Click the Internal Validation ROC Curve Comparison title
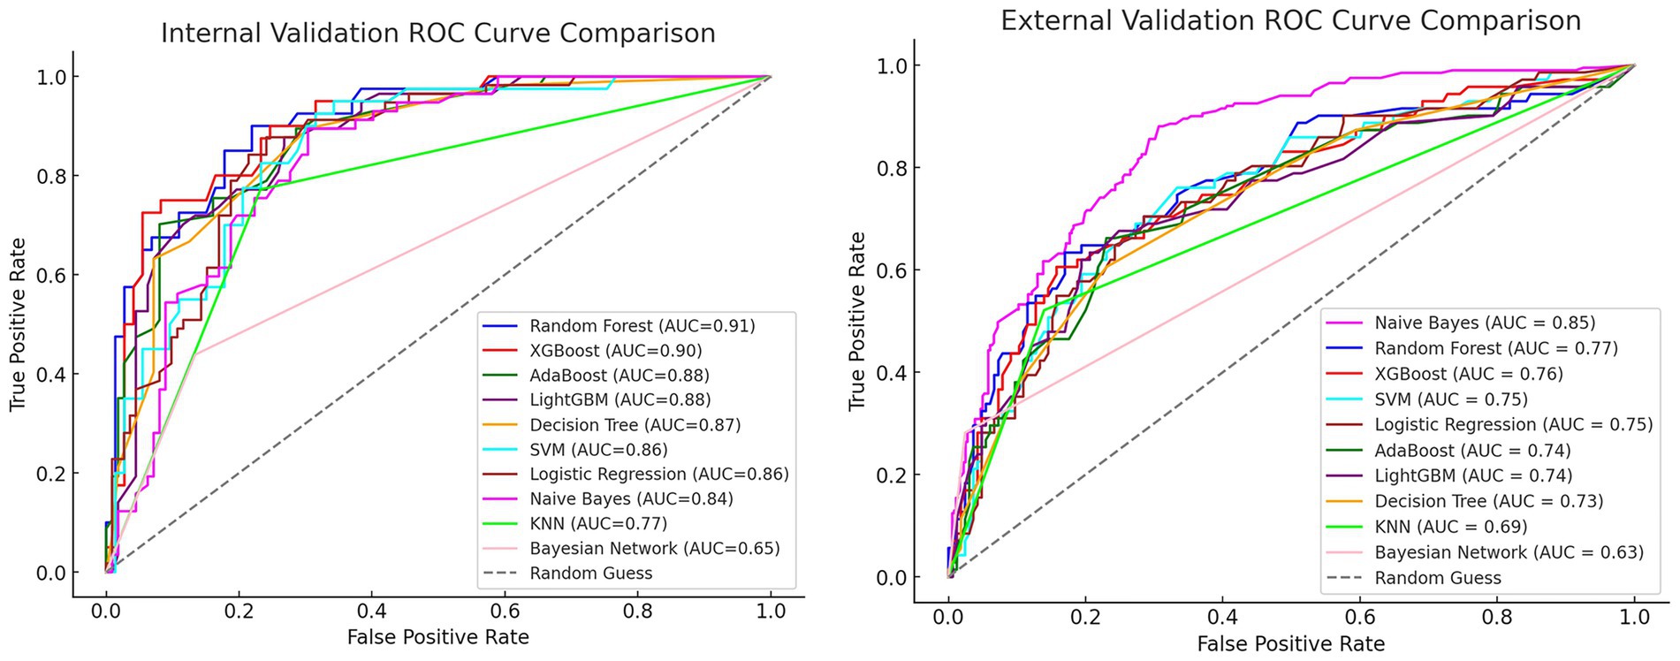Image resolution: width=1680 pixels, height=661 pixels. tap(437, 34)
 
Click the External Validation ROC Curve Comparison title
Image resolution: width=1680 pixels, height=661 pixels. tap(1290, 20)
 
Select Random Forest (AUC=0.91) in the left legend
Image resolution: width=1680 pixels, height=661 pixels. tap(642, 326)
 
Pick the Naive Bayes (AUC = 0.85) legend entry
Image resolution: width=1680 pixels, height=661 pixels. tap(1485, 323)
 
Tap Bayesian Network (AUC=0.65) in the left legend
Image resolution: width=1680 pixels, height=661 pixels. tap(654, 549)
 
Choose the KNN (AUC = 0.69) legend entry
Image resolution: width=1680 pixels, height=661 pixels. tap(1450, 527)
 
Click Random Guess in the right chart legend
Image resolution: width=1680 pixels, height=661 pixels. tap(1437, 578)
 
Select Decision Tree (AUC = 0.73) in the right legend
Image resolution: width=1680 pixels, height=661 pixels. tap(1488, 501)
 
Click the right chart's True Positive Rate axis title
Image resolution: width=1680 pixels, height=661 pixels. tap(856, 322)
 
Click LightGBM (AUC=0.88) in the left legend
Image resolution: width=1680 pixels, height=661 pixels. tap(620, 400)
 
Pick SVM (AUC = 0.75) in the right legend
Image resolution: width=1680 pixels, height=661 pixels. tap(1450, 399)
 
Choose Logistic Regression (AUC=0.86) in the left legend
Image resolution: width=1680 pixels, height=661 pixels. tap(658, 475)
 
